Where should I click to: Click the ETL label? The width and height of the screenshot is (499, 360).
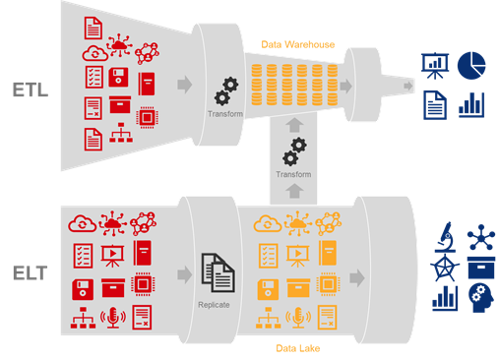tap(31, 90)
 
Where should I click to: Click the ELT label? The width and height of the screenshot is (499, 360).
tap(31, 273)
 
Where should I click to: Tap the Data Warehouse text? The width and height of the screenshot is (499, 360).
tap(298, 44)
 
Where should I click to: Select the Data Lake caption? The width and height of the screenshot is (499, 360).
tap(298, 348)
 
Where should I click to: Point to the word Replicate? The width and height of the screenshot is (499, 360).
tap(214, 305)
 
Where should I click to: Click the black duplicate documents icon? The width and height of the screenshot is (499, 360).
tap(218, 272)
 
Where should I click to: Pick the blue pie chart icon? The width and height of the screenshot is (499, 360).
tap(471, 66)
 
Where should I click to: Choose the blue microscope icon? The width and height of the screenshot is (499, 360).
tap(445, 237)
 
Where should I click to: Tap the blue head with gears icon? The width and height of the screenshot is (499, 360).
tap(481, 298)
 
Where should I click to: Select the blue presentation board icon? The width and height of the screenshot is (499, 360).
tap(435, 66)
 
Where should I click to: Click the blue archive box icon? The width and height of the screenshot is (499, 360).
tap(481, 268)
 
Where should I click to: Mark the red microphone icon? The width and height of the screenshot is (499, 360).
tap(113, 318)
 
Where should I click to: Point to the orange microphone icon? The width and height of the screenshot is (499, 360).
tap(298, 318)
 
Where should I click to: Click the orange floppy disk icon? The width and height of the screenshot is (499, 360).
tap(268, 289)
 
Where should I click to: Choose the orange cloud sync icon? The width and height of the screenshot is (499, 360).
tap(268, 223)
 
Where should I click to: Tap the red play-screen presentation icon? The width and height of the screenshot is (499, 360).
tap(112, 256)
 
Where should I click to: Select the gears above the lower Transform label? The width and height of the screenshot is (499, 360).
tap(294, 151)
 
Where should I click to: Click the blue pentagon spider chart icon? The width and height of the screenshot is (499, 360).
tap(445, 269)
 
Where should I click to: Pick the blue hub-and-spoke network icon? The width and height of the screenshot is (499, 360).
tap(481, 237)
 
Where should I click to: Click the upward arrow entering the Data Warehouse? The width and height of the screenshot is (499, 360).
tap(294, 125)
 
